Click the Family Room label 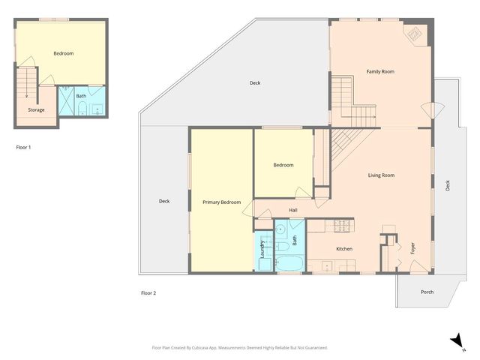point(380,72)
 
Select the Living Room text point(381,175)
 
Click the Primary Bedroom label point(222,202)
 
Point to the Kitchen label point(344,249)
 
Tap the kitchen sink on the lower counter point(327,265)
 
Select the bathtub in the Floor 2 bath point(289,263)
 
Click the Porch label point(427,292)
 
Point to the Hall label point(294,210)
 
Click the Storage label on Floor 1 point(36,110)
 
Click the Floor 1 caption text point(24,147)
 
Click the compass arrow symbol point(455,341)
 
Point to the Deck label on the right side point(448,184)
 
